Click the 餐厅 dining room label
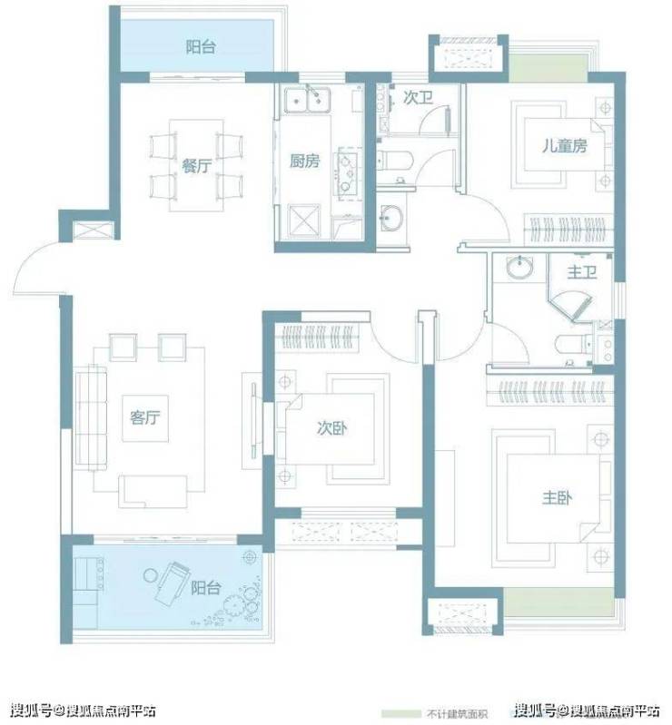point(197,165)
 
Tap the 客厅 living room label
point(145,417)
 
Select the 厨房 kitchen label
point(304,161)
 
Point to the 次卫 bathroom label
point(418,97)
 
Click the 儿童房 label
point(565,146)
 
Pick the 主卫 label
point(582,272)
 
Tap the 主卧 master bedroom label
point(558,498)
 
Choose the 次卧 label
point(331,428)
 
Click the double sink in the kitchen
point(307,101)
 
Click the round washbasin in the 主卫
point(519,268)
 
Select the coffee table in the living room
point(145,418)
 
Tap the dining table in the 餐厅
point(197,165)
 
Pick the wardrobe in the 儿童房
point(568,230)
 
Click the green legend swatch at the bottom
point(400,714)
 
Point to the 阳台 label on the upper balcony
point(201,47)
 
